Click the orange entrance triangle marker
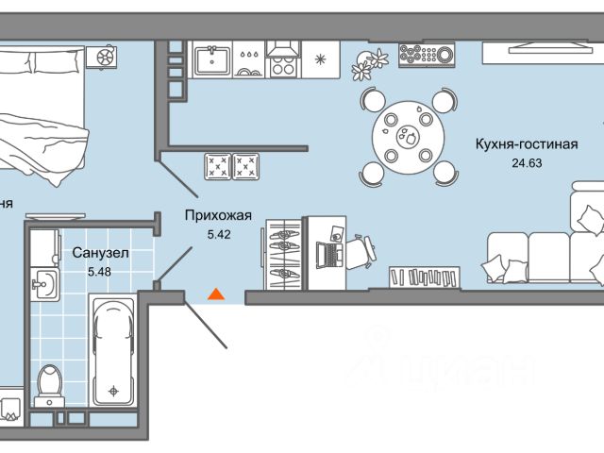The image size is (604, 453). [x=216, y=294]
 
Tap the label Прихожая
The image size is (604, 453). [x=209, y=214]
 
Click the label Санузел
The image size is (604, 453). [x=99, y=253]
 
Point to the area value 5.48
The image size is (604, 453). [x=99, y=272]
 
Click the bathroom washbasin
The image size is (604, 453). [x=42, y=280]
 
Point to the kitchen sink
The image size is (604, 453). [x=214, y=61]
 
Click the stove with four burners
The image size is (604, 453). [x=282, y=62]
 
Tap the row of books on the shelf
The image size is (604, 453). [x=426, y=277]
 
